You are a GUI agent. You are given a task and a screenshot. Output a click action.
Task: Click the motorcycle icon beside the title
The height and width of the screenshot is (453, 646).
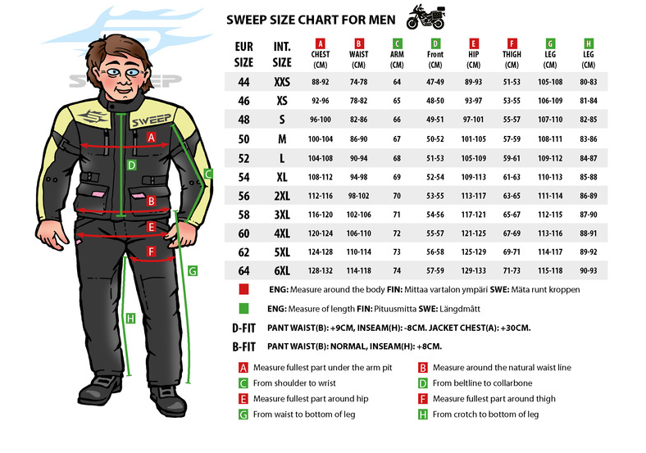click(426, 17)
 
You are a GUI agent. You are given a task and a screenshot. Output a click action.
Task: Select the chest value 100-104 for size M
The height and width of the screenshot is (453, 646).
click(320, 139)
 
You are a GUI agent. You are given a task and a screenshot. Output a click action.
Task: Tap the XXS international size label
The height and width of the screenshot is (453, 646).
click(282, 82)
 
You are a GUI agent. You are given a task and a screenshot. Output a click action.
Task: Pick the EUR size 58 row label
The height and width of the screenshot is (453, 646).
click(243, 215)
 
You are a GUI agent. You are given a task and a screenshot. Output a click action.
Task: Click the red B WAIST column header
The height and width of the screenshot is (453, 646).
click(358, 54)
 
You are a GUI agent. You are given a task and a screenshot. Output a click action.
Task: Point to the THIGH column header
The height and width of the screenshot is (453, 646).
click(512, 54)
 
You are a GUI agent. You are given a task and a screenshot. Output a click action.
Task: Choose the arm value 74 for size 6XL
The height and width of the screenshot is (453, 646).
click(397, 271)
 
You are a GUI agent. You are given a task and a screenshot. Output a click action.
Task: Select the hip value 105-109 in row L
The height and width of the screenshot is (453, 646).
click(473, 158)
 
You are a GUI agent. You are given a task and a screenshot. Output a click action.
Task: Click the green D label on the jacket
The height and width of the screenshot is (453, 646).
click(131, 165)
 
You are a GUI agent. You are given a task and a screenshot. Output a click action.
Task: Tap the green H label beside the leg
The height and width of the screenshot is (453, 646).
click(130, 319)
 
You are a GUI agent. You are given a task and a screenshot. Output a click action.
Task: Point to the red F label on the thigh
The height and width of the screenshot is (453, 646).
click(151, 251)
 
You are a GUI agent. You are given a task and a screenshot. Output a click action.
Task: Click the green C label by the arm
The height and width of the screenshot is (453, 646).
click(208, 174)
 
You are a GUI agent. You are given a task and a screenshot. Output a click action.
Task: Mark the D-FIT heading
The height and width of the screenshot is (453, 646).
click(244, 328)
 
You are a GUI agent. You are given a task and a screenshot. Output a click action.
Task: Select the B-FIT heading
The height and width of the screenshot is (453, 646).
click(244, 347)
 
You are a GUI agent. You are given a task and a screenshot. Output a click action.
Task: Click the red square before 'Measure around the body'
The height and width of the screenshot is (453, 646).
click(243, 289)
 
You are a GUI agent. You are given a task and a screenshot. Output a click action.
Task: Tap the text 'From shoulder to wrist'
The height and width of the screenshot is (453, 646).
click(294, 383)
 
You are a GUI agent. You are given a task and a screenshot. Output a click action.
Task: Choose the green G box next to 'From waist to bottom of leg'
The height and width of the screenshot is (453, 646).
click(243, 414)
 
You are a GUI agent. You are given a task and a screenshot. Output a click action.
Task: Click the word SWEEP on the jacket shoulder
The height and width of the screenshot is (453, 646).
click(151, 120)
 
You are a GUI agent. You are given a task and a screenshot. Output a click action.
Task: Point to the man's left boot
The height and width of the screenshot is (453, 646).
click(168, 401)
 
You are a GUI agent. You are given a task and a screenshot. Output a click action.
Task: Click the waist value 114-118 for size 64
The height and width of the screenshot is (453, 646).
click(358, 271)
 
